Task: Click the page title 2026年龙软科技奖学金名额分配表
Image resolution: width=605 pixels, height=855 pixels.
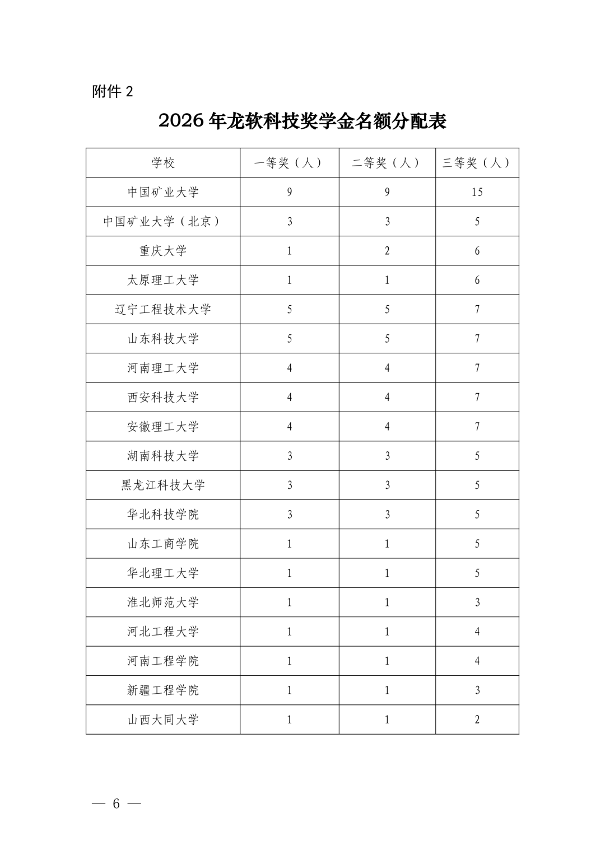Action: point(302,121)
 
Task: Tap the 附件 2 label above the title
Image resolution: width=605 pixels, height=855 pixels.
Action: point(113,91)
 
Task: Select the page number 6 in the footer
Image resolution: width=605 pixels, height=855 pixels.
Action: point(117,803)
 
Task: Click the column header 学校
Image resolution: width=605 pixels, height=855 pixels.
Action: point(163,163)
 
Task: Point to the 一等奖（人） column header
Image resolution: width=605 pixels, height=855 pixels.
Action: point(289,163)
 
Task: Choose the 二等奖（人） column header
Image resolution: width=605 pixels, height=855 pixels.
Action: point(387,163)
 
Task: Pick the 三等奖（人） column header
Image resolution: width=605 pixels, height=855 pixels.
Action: point(477,163)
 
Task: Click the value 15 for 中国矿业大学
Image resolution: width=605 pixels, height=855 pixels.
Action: point(477,192)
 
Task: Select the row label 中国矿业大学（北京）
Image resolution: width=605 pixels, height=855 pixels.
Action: point(163,222)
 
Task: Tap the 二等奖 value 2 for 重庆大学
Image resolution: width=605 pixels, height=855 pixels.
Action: point(387,251)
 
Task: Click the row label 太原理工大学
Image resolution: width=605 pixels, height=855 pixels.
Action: point(163,280)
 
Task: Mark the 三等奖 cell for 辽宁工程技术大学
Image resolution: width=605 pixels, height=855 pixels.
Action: point(477,310)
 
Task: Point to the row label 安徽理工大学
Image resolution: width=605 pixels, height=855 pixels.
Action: point(163,427)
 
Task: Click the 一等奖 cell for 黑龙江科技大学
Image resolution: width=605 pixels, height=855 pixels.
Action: point(290,485)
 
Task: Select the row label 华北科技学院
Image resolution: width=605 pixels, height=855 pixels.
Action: point(163,515)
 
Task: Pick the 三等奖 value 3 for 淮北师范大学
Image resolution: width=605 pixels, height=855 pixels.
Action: point(477,602)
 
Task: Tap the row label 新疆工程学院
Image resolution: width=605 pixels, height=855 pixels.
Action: point(163,690)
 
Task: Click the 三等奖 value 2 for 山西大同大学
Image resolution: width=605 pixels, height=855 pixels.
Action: point(477,719)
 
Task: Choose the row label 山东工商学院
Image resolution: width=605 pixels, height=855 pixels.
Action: point(163,544)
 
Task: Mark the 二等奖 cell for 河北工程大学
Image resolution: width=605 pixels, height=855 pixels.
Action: point(387,632)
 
